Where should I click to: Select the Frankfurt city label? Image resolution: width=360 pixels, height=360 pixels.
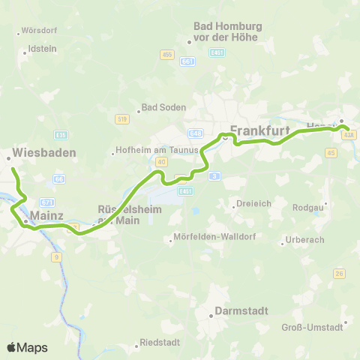point(259,130)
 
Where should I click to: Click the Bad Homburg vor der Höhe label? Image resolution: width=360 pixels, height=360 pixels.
point(227,31)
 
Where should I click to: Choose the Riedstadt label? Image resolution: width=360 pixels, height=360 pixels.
point(160,343)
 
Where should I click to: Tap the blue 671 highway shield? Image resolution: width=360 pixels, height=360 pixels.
point(46,202)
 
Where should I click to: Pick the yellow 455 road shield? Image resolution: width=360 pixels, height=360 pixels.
point(166,55)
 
